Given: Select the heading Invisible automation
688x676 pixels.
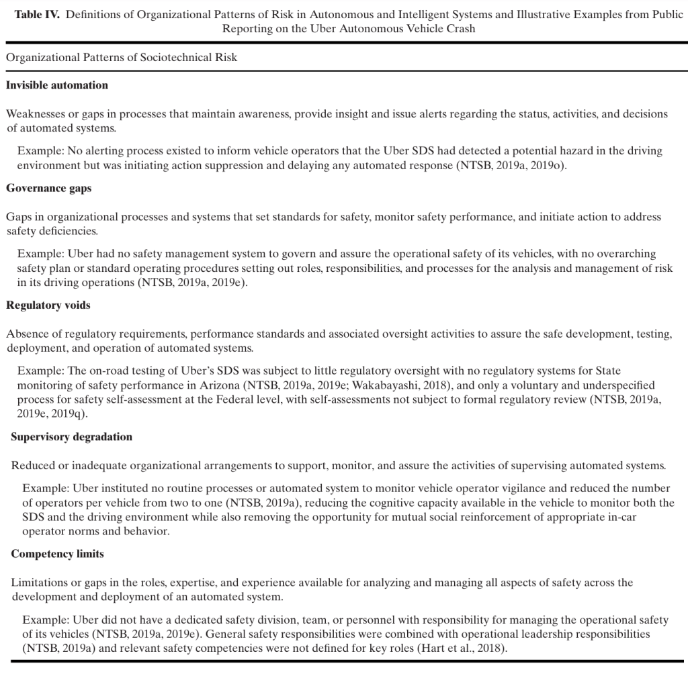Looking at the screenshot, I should pyautogui.click(x=57, y=85).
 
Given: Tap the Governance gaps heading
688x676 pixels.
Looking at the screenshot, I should pyautogui.click(x=49, y=189).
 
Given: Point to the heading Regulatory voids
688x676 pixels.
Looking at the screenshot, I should pyautogui.click(x=48, y=305).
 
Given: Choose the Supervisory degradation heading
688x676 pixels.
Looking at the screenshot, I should pyautogui.click(x=72, y=437).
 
